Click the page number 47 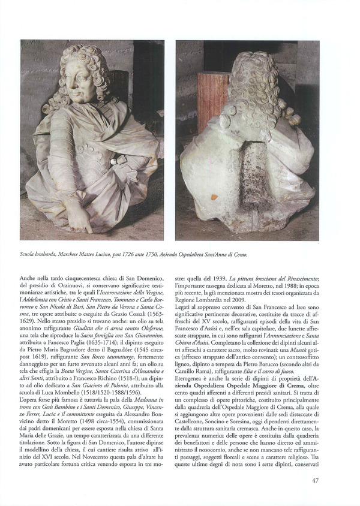[x=315, y=480]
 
